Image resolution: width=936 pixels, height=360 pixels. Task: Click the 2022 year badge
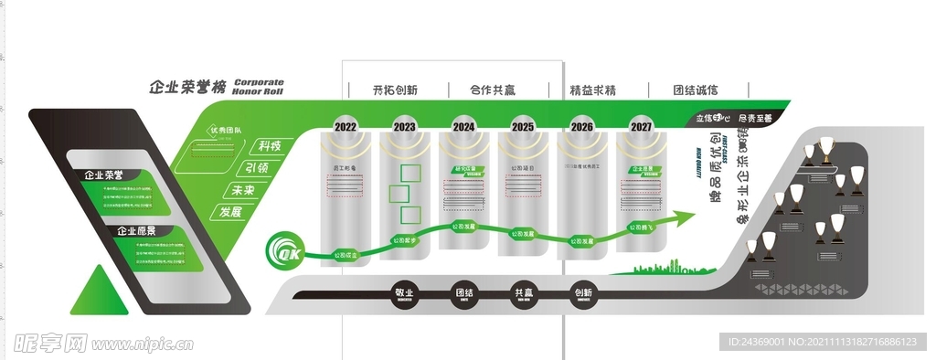[346, 126]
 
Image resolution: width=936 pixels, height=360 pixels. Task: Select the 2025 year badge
[523, 126]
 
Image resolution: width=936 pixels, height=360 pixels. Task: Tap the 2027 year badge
[642, 126]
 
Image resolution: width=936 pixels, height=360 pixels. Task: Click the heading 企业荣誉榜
[186, 87]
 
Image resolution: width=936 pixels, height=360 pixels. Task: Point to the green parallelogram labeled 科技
[269, 146]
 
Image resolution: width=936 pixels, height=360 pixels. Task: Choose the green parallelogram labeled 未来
[242, 190]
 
